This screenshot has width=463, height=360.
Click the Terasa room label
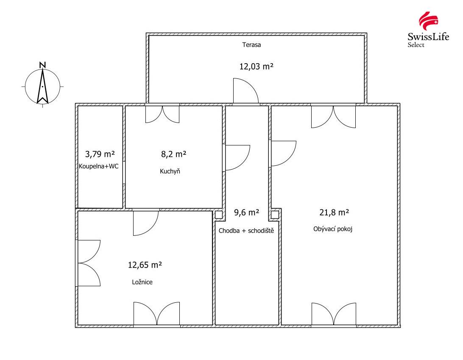pos(251,45)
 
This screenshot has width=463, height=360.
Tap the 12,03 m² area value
pos(256,67)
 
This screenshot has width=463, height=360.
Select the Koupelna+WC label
pos(99,166)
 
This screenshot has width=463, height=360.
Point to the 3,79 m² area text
pos(100,154)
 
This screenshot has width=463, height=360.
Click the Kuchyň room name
pos(170,171)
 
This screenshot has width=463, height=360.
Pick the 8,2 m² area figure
pos(174,154)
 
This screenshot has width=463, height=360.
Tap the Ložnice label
pos(142,282)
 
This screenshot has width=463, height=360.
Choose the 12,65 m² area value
pos(145,265)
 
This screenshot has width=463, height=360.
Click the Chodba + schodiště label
pos(246,231)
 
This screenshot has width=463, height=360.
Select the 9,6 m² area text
pos(247,212)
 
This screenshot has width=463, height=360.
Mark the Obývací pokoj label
pos(333,229)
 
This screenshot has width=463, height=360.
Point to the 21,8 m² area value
pos(334,212)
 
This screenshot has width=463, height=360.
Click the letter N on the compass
pos(43,65)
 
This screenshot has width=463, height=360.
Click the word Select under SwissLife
pos(416,45)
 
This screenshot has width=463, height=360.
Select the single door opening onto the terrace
pos(245,91)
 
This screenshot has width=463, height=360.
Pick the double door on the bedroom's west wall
pos(88,263)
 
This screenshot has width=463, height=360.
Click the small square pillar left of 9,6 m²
pos(218,215)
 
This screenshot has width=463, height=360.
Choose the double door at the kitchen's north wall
pos(162,114)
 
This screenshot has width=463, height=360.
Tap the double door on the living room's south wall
pos(334,314)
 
